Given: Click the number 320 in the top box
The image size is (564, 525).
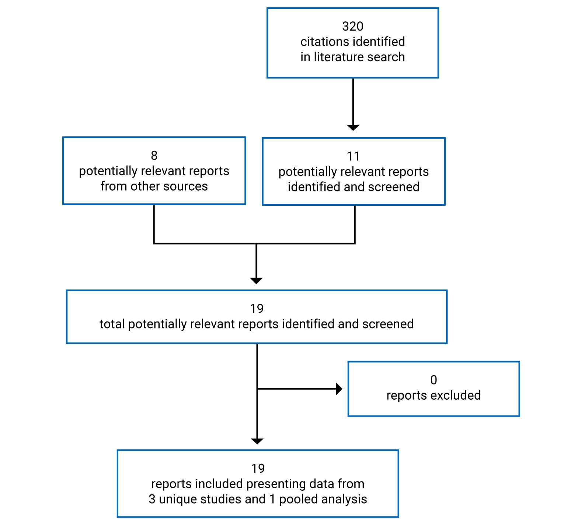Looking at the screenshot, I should [x=352, y=26].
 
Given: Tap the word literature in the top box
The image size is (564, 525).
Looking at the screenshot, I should [x=339, y=57].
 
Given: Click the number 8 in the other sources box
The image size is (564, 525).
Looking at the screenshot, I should [x=154, y=155].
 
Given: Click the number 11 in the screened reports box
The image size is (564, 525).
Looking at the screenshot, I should [x=353, y=156].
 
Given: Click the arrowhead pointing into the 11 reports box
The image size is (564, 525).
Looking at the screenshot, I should [x=353, y=127].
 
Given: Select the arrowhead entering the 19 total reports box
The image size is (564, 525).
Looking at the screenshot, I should [x=256, y=281].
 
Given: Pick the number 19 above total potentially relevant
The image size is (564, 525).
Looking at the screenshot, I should [x=257, y=309].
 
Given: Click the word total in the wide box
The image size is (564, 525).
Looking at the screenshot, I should [x=112, y=324].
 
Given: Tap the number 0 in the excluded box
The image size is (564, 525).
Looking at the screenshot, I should [x=434, y=380].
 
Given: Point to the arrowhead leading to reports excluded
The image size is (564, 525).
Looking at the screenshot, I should [x=339, y=389].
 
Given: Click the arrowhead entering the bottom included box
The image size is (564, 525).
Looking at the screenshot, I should [x=257, y=441].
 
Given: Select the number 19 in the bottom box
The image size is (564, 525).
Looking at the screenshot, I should [x=258, y=468].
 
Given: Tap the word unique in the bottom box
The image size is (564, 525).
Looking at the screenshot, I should [x=175, y=499].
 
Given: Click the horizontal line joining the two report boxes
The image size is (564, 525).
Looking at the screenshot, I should [x=254, y=243].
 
